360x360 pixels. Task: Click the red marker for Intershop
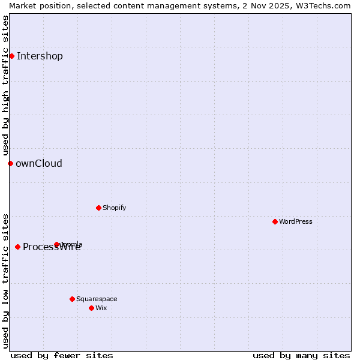tap(11, 56)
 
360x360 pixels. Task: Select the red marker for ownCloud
tap(10, 163)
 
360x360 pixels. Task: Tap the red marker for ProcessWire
tap(17, 247)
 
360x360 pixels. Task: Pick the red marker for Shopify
tap(98, 208)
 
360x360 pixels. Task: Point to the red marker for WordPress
tap(275, 221)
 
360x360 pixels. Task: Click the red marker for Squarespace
tap(72, 299)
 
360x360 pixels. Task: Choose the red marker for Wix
tap(91, 308)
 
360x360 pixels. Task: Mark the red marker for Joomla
tap(56, 244)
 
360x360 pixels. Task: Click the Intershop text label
tap(40, 56)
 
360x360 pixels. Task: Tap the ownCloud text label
tap(39, 164)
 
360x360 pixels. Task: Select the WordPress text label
tap(296, 222)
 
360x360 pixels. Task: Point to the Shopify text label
tap(114, 208)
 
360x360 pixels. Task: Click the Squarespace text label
tap(97, 299)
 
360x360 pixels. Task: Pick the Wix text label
tap(101, 308)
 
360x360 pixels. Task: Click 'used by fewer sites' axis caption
tap(62, 355)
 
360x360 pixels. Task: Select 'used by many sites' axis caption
tap(301, 355)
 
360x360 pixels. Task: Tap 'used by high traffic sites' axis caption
tap(5, 85)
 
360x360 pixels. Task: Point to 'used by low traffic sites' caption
tap(5, 281)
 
